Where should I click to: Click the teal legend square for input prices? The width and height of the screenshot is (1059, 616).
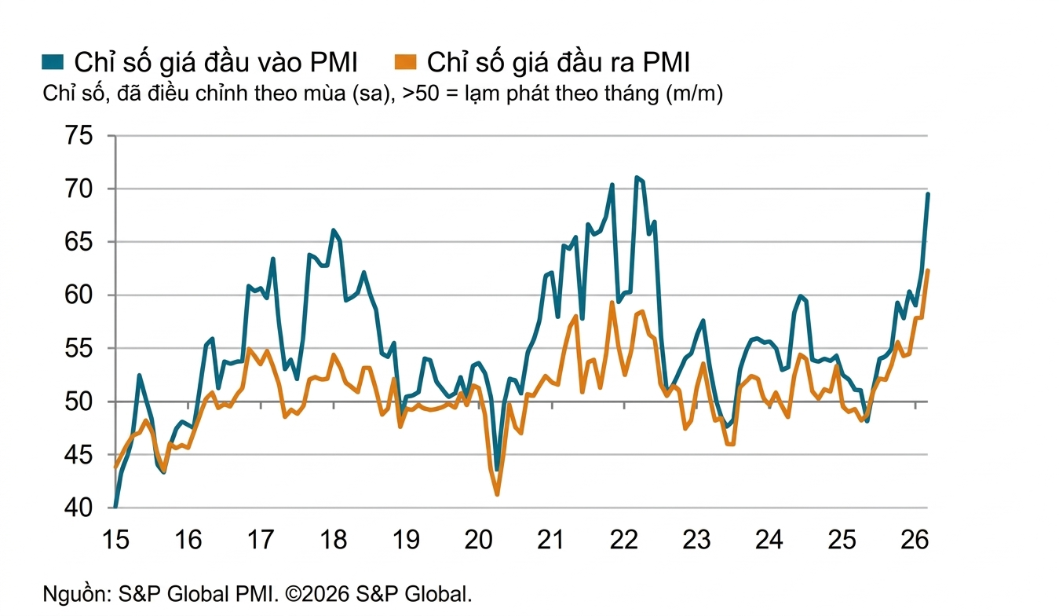tap(53, 61)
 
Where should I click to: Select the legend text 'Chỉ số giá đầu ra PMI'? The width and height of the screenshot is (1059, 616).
tap(559, 62)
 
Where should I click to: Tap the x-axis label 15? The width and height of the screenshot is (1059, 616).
tap(115, 541)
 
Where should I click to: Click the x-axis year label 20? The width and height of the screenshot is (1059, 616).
tap(479, 541)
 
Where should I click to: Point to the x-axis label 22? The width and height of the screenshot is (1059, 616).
tap(624, 541)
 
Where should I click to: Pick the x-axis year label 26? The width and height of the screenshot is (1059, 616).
tap(915, 541)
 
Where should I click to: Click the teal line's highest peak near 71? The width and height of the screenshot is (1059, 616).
tap(637, 178)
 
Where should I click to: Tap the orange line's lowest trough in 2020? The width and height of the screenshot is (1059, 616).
tap(497, 494)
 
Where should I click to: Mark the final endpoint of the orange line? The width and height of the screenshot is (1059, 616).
tap(928, 270)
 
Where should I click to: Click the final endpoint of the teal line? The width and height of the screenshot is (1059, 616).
tap(928, 193)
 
